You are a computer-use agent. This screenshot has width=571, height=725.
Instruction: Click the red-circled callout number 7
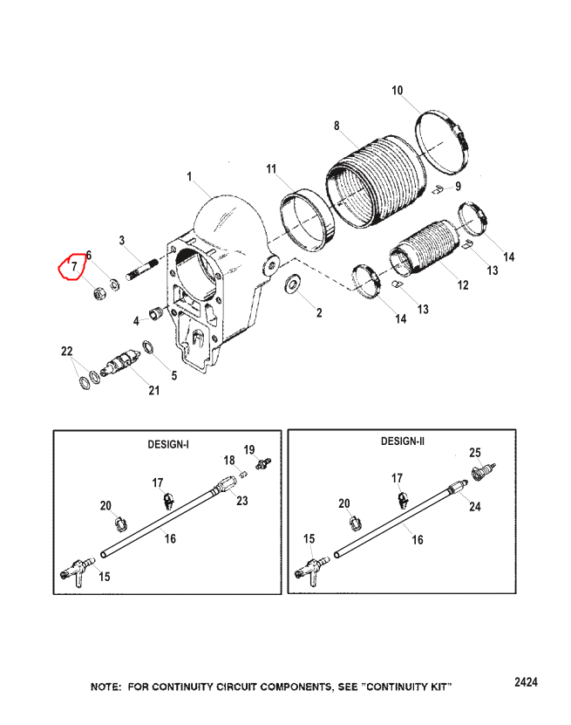coord(74,266)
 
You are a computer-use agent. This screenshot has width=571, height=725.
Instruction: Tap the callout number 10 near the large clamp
coord(398,90)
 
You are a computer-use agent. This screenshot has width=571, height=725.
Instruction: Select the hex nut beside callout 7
coord(99,292)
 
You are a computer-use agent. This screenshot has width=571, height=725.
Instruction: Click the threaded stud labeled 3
coord(142,270)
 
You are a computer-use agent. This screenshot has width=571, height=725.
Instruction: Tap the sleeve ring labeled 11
coord(307,220)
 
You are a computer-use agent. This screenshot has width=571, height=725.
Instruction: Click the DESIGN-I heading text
coord(168,444)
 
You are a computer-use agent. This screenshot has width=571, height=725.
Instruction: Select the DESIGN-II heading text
coord(403,441)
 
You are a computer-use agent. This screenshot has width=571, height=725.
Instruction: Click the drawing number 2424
coord(527,682)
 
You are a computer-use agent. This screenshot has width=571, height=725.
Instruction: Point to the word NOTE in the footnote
coord(105,687)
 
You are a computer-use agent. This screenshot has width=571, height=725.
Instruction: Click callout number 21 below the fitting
coord(153,390)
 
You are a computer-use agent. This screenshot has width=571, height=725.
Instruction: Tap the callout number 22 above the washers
coord(67,351)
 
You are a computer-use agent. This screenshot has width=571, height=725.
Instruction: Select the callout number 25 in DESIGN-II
coord(475,452)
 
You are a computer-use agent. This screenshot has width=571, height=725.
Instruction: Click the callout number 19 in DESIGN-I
coord(249,449)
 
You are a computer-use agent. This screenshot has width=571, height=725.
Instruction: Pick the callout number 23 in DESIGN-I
coord(242,500)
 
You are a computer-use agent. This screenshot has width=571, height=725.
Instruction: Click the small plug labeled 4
coord(155,313)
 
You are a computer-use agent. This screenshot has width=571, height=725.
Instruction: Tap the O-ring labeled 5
coord(148,346)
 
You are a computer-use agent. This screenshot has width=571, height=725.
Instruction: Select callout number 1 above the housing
coord(189,176)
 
